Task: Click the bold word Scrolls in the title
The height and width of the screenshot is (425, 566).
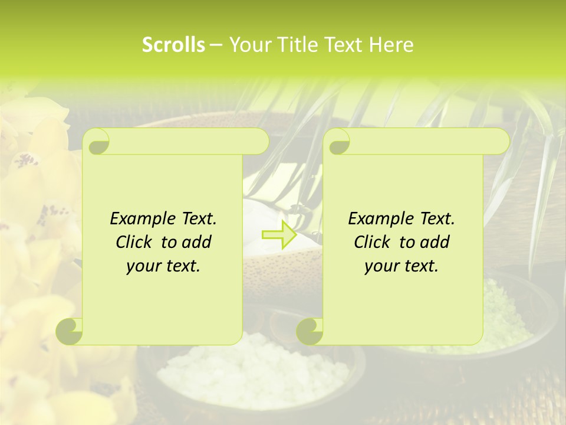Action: coord(173,45)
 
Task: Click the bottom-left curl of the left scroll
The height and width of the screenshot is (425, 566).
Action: coord(70,331)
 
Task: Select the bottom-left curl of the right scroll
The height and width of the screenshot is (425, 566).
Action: coord(310,331)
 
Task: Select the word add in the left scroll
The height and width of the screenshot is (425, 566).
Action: coord(197,243)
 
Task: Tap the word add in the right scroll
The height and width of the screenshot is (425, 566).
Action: coord(435,243)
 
